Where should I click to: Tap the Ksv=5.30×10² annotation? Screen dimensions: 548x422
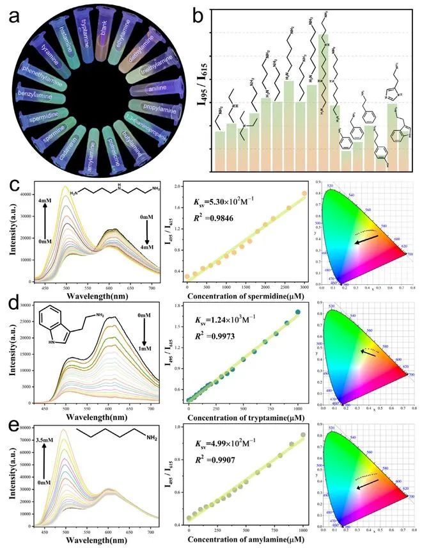218,204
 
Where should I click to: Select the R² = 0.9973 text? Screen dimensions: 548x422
212,331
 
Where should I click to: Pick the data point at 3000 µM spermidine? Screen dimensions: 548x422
304,194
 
